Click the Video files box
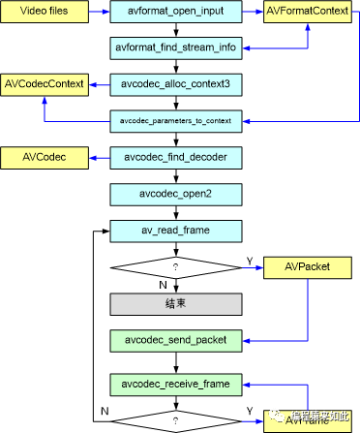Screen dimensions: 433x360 pyautogui.click(x=45, y=15)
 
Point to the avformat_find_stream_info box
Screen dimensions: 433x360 pyautogui.click(x=176, y=46)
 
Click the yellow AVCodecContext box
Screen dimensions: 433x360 pyautogui.click(x=45, y=84)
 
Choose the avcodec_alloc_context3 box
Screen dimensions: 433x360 pyautogui.click(x=176, y=84)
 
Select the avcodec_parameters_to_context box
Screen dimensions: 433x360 pyautogui.click(x=176, y=122)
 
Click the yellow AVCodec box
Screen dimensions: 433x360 pyautogui.click(x=45, y=155)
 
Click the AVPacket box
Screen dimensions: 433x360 pyautogui.click(x=308, y=268)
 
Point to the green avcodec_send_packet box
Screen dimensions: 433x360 pyautogui.click(x=176, y=341)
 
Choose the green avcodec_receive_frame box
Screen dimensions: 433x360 pyautogui.click(x=176, y=385)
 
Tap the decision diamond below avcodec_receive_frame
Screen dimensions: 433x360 pyautogui.click(x=176, y=421)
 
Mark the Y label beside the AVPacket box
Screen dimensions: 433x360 pyautogui.click(x=251, y=260)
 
